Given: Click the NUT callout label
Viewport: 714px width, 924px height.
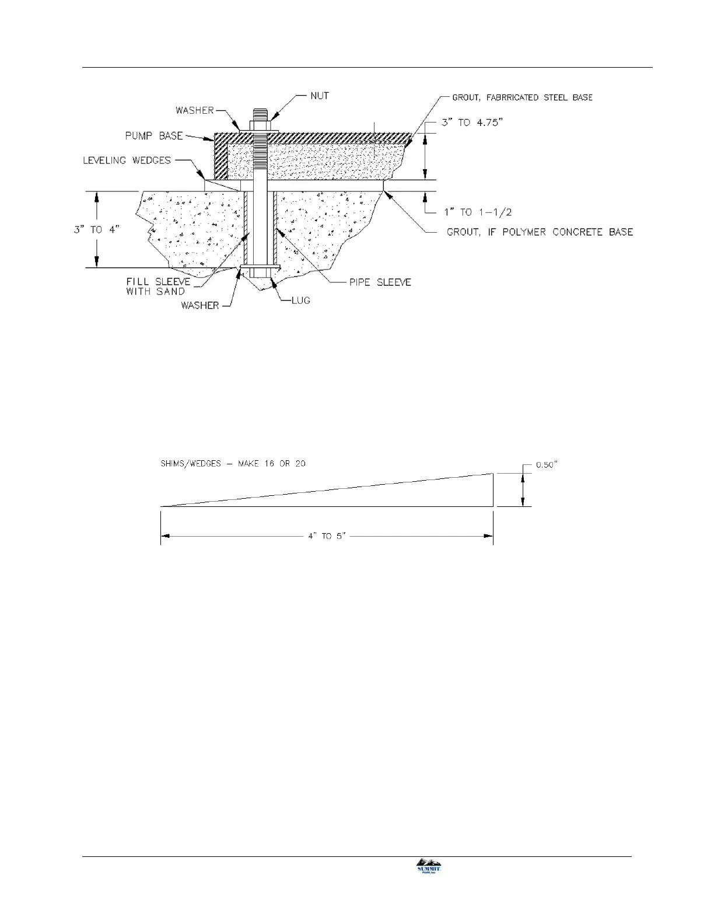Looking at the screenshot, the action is click(x=320, y=96).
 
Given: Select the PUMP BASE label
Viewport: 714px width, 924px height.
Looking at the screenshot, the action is click(x=155, y=136).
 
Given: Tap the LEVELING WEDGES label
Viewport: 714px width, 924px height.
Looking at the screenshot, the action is click(x=127, y=160).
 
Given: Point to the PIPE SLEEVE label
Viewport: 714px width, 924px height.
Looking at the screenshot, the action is click(x=380, y=282).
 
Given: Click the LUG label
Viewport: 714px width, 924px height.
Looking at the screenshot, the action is click(x=301, y=300).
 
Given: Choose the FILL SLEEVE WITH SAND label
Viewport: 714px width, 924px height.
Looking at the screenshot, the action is click(x=158, y=286).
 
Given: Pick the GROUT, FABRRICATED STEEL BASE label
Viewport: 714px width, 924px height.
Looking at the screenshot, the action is click(x=522, y=97).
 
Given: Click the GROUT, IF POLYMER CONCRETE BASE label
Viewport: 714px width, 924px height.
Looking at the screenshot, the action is click(x=540, y=232).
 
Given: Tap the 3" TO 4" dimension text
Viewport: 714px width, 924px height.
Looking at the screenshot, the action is click(x=96, y=230).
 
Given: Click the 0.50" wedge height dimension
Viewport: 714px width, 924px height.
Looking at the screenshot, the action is click(x=547, y=465).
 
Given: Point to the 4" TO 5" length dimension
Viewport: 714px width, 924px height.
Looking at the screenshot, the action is click(x=327, y=536).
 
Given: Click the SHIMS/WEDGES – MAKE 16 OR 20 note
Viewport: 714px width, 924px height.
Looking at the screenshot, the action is click(x=233, y=464).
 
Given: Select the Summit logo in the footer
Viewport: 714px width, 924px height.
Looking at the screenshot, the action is click(x=428, y=866).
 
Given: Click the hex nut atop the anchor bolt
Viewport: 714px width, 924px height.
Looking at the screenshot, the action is click(x=260, y=124).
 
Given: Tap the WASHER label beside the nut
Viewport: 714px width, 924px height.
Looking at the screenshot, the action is click(x=194, y=110).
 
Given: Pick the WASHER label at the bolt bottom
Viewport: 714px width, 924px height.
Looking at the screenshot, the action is click(x=199, y=305).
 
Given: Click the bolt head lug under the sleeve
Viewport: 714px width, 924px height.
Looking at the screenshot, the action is click(x=260, y=274).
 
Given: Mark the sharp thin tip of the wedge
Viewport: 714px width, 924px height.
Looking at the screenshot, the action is click(x=162, y=506).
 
